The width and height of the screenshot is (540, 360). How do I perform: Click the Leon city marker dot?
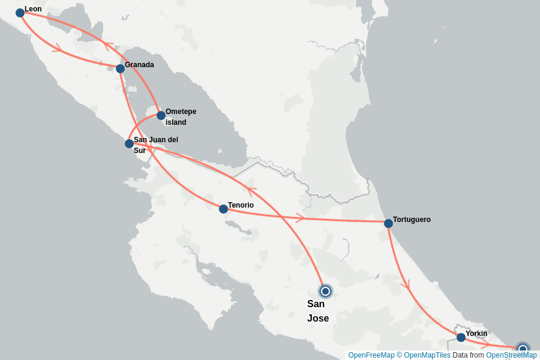20,13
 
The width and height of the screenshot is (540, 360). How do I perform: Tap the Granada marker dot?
120,68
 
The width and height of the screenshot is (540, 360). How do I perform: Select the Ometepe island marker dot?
161,115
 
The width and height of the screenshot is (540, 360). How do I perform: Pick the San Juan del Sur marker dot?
129,143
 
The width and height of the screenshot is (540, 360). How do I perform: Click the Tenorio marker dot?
223,209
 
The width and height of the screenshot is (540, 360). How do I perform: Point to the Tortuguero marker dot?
388,223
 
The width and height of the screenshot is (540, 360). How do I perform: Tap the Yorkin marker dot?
461,337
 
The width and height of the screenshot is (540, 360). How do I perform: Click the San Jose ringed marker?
325,291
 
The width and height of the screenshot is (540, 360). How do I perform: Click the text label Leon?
33,9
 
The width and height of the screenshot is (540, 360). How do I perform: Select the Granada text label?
139,65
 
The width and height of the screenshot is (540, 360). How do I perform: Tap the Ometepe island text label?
180,117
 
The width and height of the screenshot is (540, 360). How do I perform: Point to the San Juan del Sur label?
155,145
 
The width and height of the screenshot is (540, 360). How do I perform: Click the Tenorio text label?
241,205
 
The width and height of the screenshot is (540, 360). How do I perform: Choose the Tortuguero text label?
412,220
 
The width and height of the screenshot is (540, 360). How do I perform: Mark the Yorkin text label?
476,334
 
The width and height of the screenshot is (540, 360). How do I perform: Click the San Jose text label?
317,311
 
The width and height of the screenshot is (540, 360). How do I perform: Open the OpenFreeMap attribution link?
371,355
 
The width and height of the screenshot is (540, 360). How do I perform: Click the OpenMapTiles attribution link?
427,355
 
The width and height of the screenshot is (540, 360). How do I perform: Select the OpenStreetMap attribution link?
511,355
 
